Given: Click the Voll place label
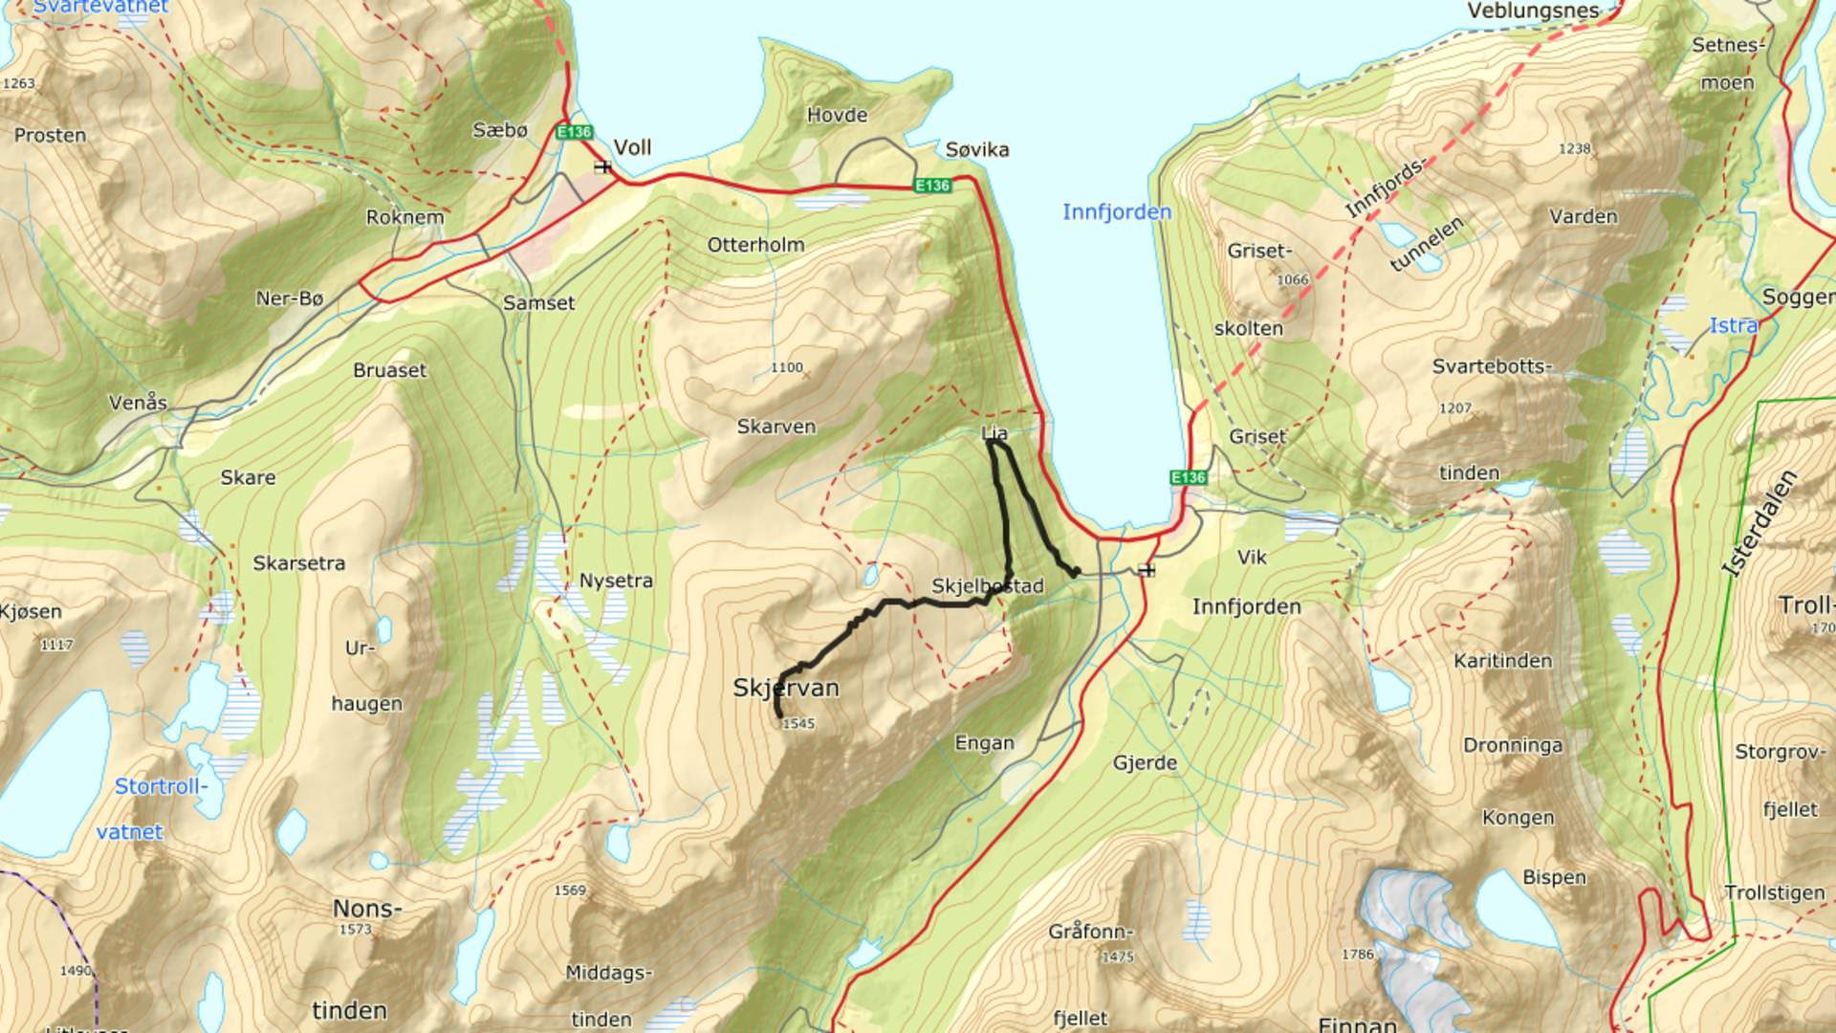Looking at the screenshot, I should (632, 147).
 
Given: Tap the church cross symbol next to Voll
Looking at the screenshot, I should (602, 167).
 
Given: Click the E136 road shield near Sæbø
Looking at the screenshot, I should (574, 132).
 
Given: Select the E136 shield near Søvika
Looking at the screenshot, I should (931, 185).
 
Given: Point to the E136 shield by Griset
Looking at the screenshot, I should (1188, 476).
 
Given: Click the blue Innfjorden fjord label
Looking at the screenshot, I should (1117, 211).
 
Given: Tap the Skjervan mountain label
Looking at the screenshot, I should (786, 688).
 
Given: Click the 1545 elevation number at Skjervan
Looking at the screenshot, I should (798, 724).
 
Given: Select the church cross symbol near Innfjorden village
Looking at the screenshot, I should (1147, 570).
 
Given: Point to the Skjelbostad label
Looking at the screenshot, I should (988, 585).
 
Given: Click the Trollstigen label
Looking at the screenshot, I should (1775, 892).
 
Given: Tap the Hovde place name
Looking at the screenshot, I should (837, 115).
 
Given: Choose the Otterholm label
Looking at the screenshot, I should (755, 245).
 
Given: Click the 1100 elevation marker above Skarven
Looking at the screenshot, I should (787, 367).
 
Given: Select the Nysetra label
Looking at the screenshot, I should (616, 581).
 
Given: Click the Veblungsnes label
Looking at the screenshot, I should (1533, 11).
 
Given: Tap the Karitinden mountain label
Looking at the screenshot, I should (1502, 661).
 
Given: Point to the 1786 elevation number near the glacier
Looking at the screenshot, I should (1357, 954).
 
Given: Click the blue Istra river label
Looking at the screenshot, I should (1733, 326).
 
